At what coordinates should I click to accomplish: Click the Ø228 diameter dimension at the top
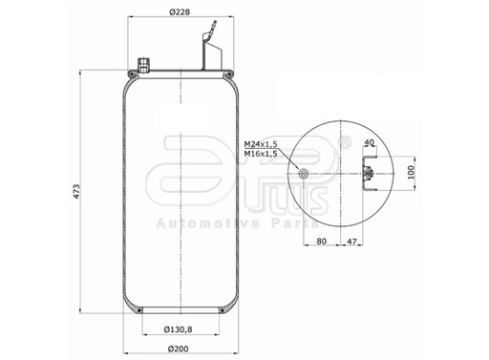(x=181, y=12)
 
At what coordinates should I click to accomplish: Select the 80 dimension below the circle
(x=322, y=243)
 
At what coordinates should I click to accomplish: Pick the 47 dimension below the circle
(x=352, y=243)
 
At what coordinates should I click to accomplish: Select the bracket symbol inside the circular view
(x=368, y=175)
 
